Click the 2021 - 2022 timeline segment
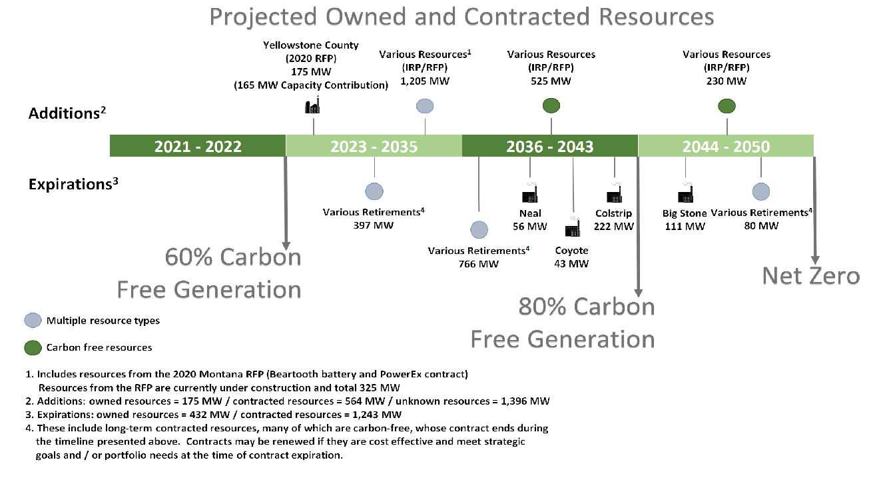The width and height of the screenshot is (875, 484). [198, 146]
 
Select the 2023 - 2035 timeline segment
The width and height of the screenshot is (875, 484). [374, 146]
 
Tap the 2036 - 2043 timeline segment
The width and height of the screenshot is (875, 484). [550, 146]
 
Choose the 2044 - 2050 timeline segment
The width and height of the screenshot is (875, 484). [726, 146]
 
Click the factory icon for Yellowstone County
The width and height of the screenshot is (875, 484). [313, 107]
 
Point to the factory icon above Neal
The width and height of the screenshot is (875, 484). [530, 194]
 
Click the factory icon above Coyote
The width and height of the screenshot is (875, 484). [572, 228]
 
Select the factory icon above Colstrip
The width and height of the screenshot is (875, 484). [614, 194]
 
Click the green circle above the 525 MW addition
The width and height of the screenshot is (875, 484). [551, 105]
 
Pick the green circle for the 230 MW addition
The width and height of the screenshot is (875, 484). [727, 105]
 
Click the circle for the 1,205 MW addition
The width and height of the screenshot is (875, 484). [425, 105]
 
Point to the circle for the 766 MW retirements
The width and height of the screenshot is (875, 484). [479, 230]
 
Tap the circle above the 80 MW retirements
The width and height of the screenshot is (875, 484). [761, 191]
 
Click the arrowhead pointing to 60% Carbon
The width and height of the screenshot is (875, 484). [286, 245]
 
